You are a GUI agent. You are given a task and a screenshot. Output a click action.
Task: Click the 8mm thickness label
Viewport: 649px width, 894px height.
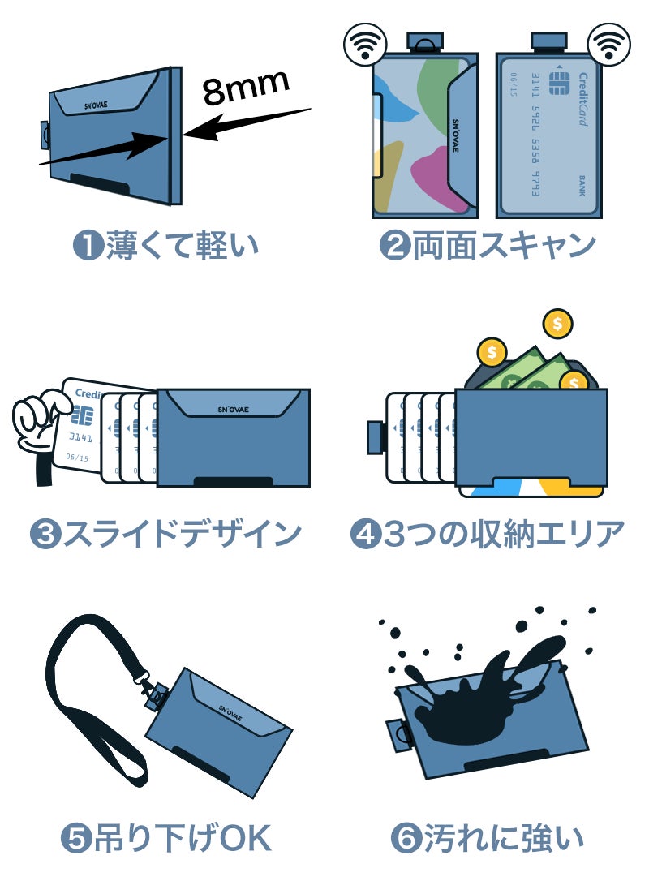coord(246,87)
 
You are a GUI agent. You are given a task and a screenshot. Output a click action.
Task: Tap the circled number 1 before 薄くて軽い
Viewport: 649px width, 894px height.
coord(88,246)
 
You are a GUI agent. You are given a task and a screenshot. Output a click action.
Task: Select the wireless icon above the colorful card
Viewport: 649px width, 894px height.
coord(361,45)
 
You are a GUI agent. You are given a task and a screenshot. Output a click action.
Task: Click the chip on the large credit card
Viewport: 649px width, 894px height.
coord(558,83)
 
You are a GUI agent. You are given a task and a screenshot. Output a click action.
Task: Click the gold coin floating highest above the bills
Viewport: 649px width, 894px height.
coord(557,325)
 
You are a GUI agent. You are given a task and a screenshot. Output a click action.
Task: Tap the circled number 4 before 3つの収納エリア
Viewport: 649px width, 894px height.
coord(365,534)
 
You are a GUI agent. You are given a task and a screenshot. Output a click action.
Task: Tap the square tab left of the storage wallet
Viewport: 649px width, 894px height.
coord(376,437)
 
